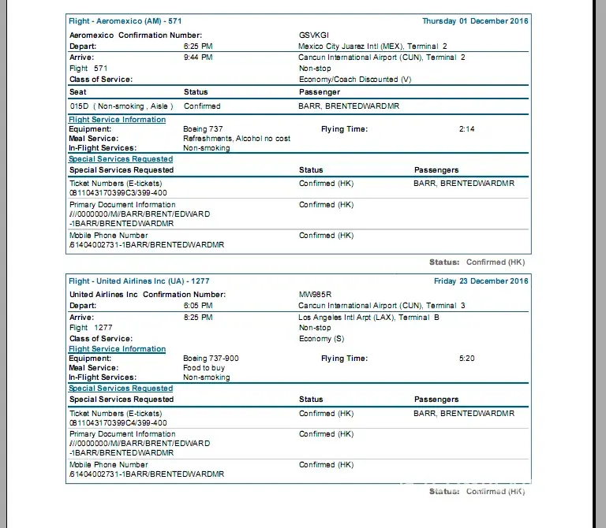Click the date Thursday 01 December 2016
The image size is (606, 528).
pyautogui.click(x=475, y=21)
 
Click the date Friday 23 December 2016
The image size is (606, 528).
pyautogui.click(x=481, y=281)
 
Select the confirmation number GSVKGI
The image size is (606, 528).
pyautogui.click(x=314, y=35)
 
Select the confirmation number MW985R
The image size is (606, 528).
pyautogui.click(x=315, y=295)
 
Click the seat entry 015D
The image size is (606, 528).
pyautogui.click(x=79, y=106)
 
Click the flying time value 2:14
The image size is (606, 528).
pyautogui.click(x=466, y=129)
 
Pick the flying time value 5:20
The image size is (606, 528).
pyautogui.click(x=466, y=359)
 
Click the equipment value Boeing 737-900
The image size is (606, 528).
pyautogui.click(x=211, y=359)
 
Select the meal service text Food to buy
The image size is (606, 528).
pyautogui.click(x=204, y=368)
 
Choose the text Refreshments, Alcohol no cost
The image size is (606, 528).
pyautogui.click(x=236, y=139)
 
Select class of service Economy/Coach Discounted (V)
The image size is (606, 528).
pyautogui.click(x=355, y=80)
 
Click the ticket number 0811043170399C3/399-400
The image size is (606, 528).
pyautogui.click(x=118, y=193)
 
